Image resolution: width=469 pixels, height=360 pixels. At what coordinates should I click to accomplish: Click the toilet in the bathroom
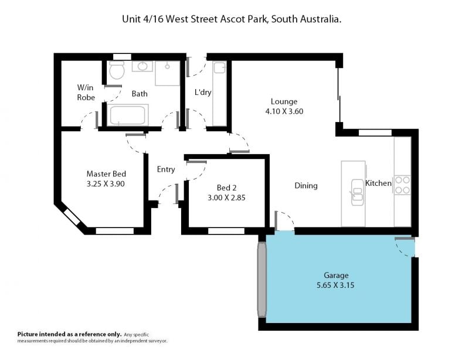pyautogui.click(x=117, y=70)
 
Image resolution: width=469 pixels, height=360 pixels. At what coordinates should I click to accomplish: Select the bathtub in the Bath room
pyautogui.click(x=128, y=115)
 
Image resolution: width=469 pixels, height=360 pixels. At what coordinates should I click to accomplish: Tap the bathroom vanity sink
pyautogui.click(x=142, y=66)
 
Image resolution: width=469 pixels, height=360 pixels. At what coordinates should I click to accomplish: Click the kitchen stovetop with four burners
pyautogui.click(x=402, y=185)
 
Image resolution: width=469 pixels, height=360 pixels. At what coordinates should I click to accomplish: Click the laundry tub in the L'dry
pyautogui.click(x=220, y=67)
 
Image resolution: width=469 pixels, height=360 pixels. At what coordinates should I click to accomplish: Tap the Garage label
pyautogui.click(x=336, y=276)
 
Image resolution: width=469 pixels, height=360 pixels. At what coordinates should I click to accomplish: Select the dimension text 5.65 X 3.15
pyautogui.click(x=335, y=285)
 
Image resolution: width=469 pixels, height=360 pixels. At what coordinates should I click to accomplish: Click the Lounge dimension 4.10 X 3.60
pyautogui.click(x=284, y=111)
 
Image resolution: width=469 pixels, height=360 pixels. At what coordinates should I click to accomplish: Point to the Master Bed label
pyautogui.click(x=106, y=174)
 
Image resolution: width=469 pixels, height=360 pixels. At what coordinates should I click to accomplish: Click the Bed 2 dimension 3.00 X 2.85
pyautogui.click(x=226, y=198)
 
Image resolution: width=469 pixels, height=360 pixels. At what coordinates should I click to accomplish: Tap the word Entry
pyautogui.click(x=166, y=169)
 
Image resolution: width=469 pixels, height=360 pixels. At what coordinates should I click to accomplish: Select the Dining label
pyautogui.click(x=306, y=186)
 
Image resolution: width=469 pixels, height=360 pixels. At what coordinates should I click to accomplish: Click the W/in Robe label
pyautogui.click(x=86, y=93)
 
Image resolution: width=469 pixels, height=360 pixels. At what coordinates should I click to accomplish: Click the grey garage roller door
pyautogui.click(x=261, y=280)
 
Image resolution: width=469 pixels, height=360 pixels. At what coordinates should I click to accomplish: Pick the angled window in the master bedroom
pyautogui.click(x=72, y=217)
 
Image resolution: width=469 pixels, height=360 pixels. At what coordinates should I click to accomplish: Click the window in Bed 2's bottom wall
pyautogui.click(x=226, y=231)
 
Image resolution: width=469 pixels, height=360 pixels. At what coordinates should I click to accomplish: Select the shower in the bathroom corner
pyautogui.click(x=167, y=73)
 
